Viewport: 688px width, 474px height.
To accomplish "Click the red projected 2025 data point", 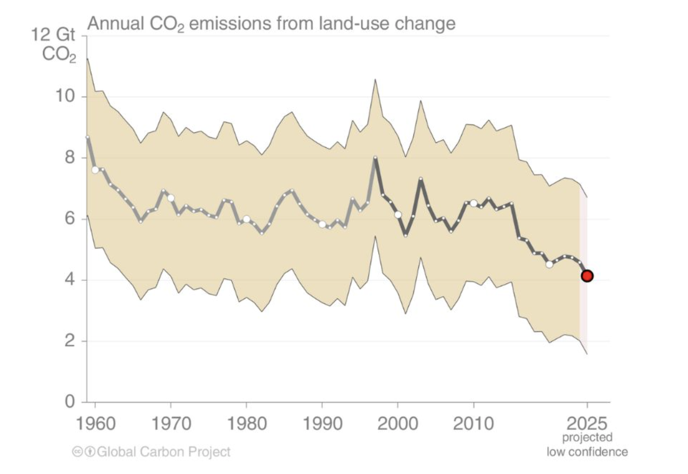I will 587,276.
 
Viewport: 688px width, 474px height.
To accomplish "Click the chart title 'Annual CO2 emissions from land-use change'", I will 271,24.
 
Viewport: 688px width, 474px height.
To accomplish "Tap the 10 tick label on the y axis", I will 65,96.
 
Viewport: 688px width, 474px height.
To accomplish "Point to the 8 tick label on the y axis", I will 70,158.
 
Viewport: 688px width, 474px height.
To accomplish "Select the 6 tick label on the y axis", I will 70,219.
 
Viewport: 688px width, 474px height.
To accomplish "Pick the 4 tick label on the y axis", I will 70,279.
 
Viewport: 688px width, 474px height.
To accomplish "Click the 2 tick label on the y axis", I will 70,341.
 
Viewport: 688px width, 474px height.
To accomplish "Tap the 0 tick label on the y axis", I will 70,402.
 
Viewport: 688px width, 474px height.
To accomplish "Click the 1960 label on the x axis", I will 96,424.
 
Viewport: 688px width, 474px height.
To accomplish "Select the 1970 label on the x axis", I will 171,424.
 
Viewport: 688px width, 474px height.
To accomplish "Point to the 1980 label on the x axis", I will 247,424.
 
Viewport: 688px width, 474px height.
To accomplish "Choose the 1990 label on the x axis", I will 322,424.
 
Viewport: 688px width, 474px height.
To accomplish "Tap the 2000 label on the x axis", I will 398,424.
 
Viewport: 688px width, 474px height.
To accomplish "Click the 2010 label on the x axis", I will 473,424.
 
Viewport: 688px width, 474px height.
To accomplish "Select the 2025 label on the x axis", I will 587,424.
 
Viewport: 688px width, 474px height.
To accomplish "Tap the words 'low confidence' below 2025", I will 587,452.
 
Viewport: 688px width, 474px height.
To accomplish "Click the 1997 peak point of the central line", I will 375,158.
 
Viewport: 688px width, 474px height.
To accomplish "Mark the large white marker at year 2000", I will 398,215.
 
